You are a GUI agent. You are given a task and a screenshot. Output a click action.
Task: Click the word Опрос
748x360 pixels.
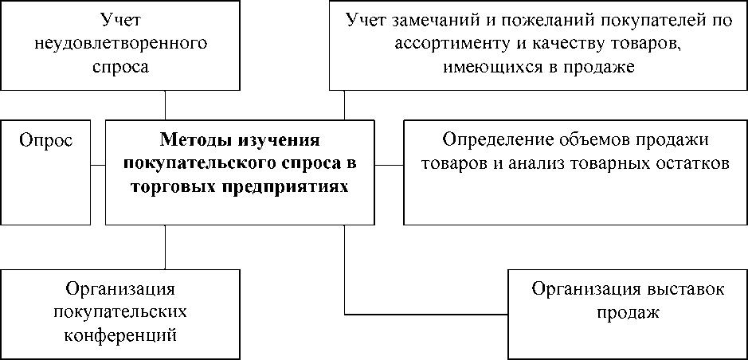45,142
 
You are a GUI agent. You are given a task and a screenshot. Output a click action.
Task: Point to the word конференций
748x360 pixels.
121,335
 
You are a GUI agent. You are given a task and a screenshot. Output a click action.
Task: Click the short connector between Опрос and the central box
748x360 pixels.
98,166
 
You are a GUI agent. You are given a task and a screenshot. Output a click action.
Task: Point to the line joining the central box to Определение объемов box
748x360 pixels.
390,166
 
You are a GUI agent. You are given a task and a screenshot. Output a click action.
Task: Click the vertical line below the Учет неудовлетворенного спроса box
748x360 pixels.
165,105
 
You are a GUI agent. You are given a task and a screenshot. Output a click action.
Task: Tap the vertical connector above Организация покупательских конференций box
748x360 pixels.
165,247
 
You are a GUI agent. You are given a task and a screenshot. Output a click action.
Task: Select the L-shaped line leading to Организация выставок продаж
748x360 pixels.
344,315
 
